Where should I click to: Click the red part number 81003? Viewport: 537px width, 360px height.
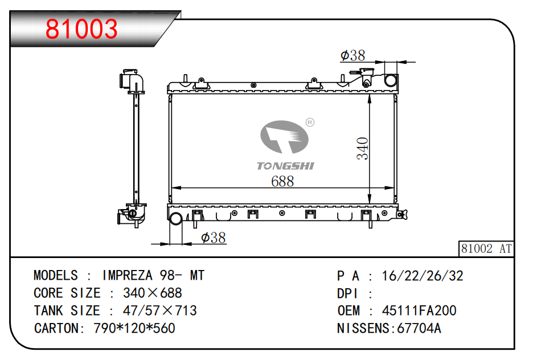[x=81, y=29]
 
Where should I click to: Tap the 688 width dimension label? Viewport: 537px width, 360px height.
[x=282, y=181]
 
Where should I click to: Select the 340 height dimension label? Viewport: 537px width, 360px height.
[x=362, y=148]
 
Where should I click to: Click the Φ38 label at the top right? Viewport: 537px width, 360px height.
[x=352, y=55]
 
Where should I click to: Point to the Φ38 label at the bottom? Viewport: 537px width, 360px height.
[x=214, y=238]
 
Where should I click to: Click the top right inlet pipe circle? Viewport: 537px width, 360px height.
[x=391, y=80]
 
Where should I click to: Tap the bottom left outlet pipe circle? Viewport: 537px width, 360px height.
[x=176, y=219]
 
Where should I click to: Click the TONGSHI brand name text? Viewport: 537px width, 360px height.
[x=285, y=166]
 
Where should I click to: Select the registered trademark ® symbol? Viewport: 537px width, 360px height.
[x=310, y=122]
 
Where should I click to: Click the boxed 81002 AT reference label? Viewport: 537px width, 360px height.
[x=486, y=249]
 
